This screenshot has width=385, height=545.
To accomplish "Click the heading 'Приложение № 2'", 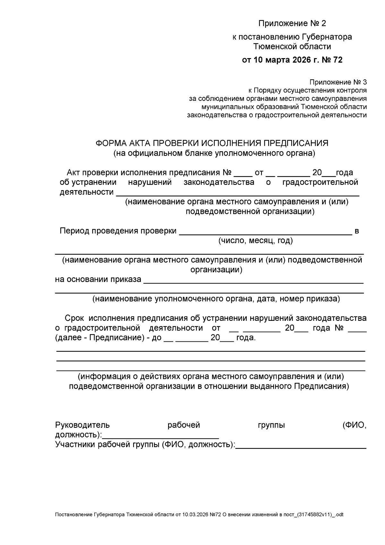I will [x=292, y=23].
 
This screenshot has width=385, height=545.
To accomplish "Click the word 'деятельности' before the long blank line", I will [x=87, y=192].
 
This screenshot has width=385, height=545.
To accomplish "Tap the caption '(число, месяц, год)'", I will [x=255, y=241].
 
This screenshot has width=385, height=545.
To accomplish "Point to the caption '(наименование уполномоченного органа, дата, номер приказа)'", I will [x=216, y=299].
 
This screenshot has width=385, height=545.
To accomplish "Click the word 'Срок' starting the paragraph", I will [x=74, y=318].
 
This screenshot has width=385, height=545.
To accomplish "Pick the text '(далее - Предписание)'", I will [x=98, y=338].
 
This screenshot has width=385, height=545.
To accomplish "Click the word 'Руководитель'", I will [x=82, y=425].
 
